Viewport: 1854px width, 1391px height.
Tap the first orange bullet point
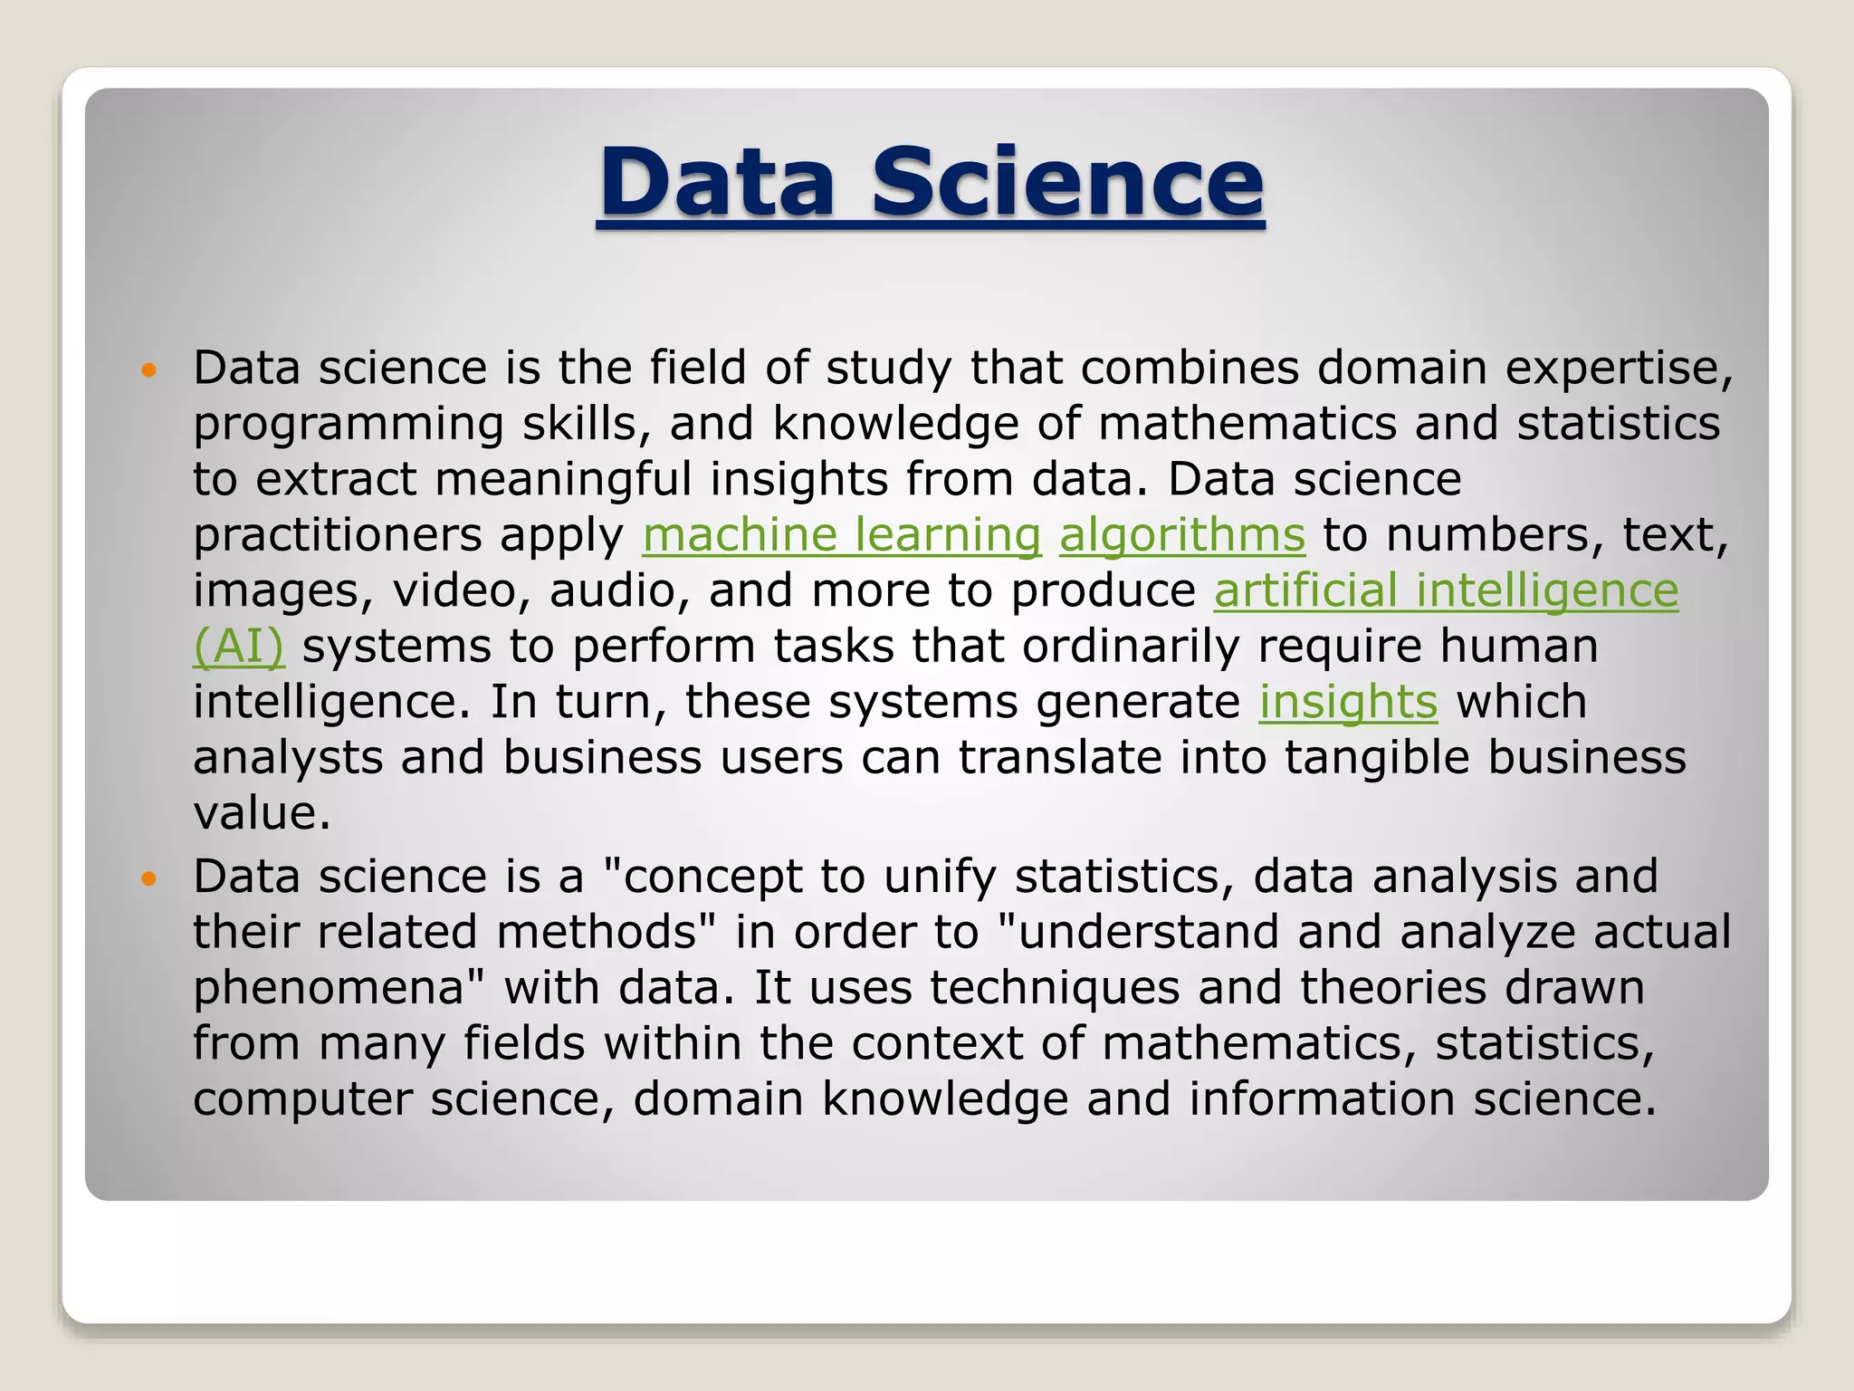point(149,370)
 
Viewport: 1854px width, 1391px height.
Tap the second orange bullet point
point(149,878)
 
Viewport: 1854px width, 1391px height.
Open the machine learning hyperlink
point(841,535)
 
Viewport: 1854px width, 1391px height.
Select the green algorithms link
point(1182,535)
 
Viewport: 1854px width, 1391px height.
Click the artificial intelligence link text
point(1446,590)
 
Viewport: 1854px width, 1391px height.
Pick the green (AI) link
point(238,647)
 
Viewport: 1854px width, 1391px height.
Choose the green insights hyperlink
point(1348,702)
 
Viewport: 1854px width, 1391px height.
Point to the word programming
point(349,425)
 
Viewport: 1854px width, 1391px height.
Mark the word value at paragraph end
point(261,812)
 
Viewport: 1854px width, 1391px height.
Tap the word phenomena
point(339,988)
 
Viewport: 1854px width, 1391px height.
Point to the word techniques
point(1055,987)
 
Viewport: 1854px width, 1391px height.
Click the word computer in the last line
point(302,1099)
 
